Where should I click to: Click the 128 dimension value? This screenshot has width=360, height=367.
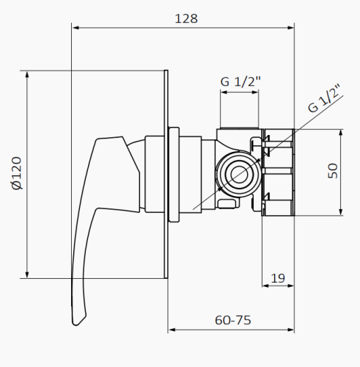(186, 18)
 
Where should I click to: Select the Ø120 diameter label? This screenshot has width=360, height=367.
(17, 175)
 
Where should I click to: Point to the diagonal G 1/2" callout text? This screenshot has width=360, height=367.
(325, 98)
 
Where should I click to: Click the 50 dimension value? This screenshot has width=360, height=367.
(333, 171)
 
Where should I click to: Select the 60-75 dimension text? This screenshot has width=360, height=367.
(234, 320)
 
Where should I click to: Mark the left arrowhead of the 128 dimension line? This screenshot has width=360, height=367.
(75, 29)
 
